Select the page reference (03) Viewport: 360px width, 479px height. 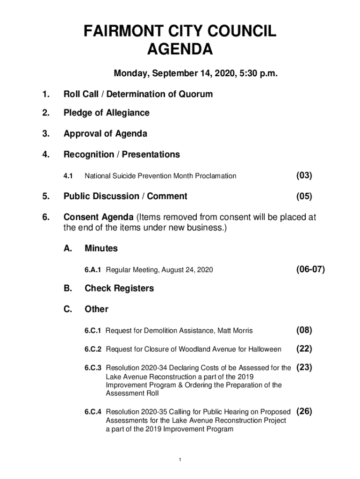[x=304, y=175]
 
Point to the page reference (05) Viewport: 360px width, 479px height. [x=304, y=196]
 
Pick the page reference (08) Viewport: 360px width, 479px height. [x=304, y=330]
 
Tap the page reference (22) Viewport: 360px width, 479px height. [x=304, y=349]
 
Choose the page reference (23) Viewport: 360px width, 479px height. [x=304, y=368]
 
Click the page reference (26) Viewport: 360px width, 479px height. [x=304, y=412]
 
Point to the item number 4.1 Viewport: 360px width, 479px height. [x=68, y=176]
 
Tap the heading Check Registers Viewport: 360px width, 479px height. [x=119, y=288]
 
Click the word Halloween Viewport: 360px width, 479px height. [x=264, y=349]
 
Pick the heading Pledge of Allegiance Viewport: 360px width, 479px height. [x=107, y=113]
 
